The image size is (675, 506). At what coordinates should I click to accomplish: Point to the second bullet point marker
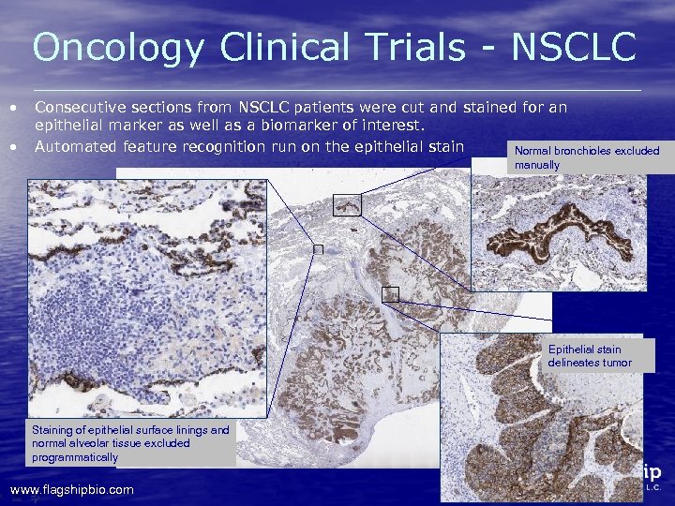pos(13,147)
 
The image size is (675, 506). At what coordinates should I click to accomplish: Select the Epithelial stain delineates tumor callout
pos(590,356)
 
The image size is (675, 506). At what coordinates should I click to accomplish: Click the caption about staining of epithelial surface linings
pos(129,443)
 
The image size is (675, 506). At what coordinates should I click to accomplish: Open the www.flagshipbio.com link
pos(71,489)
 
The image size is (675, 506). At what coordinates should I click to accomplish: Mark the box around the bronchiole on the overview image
pos(347,203)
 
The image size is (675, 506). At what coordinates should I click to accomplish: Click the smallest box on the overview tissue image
pos(318,249)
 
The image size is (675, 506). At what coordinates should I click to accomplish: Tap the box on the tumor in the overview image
pos(391,294)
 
